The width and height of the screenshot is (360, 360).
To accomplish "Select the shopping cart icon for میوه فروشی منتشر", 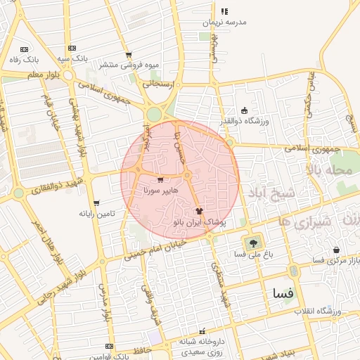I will [x=129, y=55].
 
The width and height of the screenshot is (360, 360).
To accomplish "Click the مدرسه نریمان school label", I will [x=225, y=22].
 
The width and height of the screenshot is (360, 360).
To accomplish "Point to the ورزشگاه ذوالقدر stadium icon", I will [x=244, y=110].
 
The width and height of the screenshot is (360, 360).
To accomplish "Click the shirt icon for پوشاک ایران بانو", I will [x=199, y=210].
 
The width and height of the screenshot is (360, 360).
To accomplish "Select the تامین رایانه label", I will [x=96, y=212].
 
